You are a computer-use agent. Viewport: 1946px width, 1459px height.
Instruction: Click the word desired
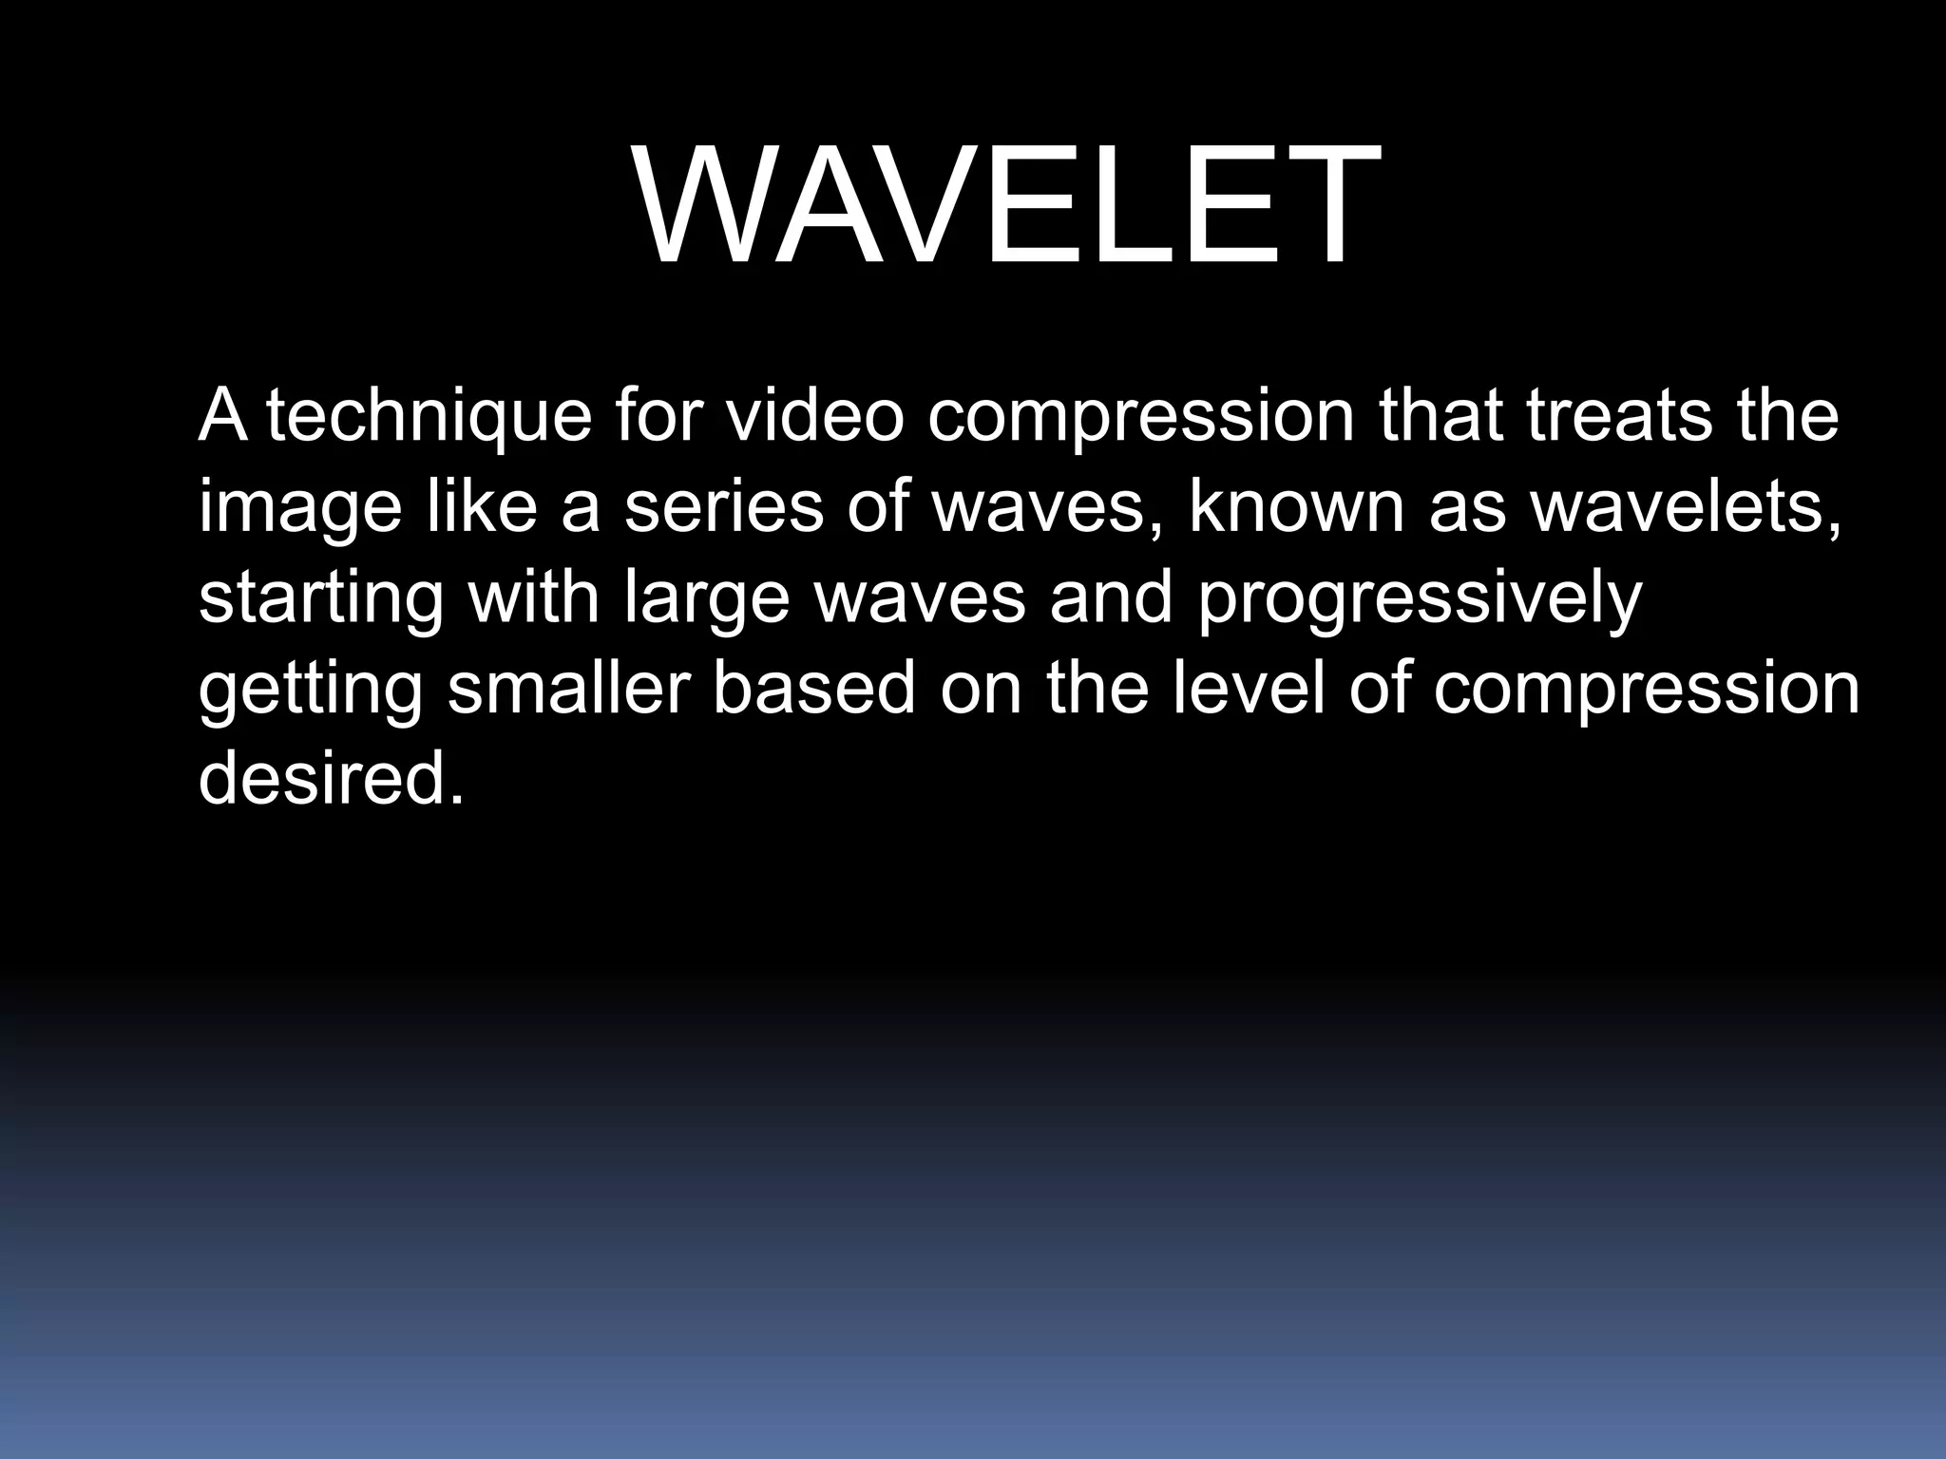[330, 777]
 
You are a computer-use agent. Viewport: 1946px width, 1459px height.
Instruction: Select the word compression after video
[1140, 419]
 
